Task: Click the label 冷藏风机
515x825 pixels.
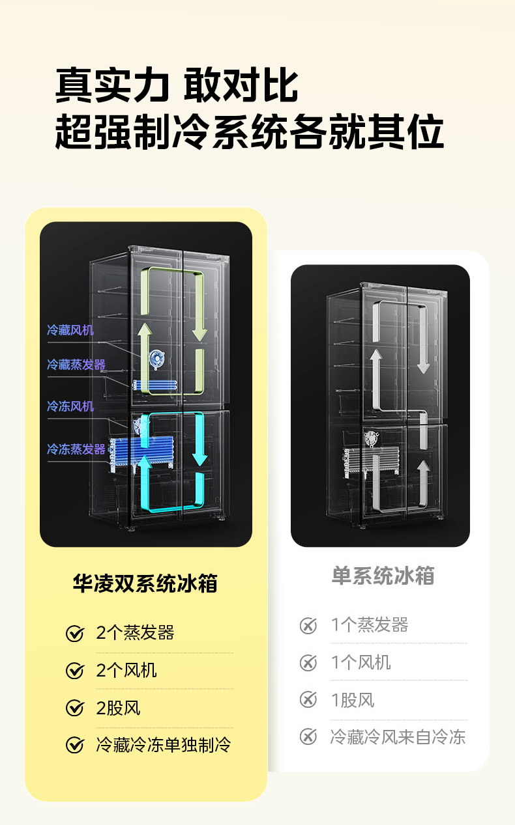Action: coord(70,330)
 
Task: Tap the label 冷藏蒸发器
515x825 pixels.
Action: coord(76,365)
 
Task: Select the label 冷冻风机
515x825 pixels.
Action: coord(70,406)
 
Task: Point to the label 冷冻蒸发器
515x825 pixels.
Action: coord(76,449)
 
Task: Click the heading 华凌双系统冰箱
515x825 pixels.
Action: coord(145,583)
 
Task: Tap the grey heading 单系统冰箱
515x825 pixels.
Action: coord(383,576)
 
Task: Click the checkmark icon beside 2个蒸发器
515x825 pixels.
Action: coord(75,633)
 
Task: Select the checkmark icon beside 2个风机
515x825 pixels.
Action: coord(75,671)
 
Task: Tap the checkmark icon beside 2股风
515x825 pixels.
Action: coord(75,708)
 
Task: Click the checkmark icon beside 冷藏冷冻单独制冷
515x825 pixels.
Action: coord(75,745)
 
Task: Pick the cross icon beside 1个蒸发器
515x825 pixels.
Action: coord(308,625)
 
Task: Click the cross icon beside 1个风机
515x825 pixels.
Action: coord(308,663)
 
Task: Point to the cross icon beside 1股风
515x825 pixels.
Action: coord(308,700)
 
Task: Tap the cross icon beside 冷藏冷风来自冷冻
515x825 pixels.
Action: coord(308,737)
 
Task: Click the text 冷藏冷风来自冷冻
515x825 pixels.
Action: coord(398,737)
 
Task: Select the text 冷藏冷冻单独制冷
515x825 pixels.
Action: coord(164,745)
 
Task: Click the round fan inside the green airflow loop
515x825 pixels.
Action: coord(156,357)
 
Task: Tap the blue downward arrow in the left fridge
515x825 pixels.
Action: coord(199,443)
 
